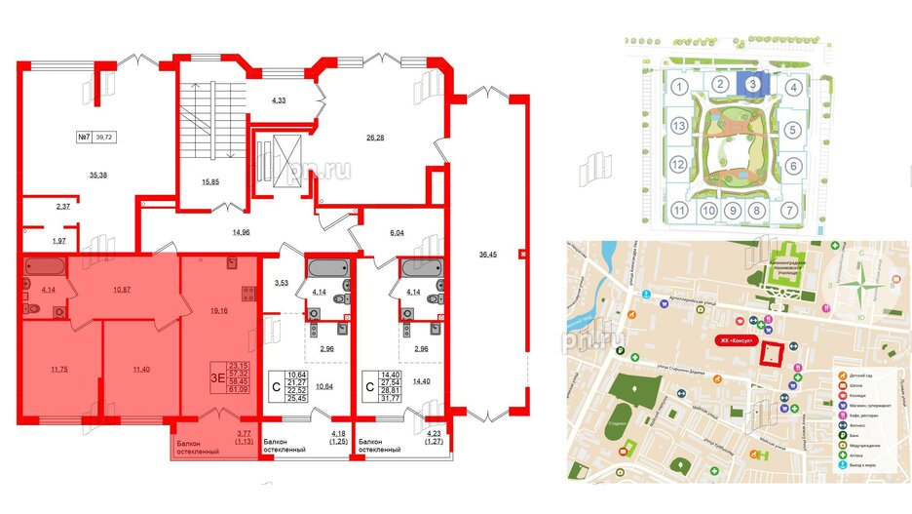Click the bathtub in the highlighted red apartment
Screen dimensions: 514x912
[x=46, y=266]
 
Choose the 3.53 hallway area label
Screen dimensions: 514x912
[x=284, y=283]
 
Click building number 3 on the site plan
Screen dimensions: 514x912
[x=752, y=86]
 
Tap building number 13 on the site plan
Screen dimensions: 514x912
[x=679, y=127]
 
